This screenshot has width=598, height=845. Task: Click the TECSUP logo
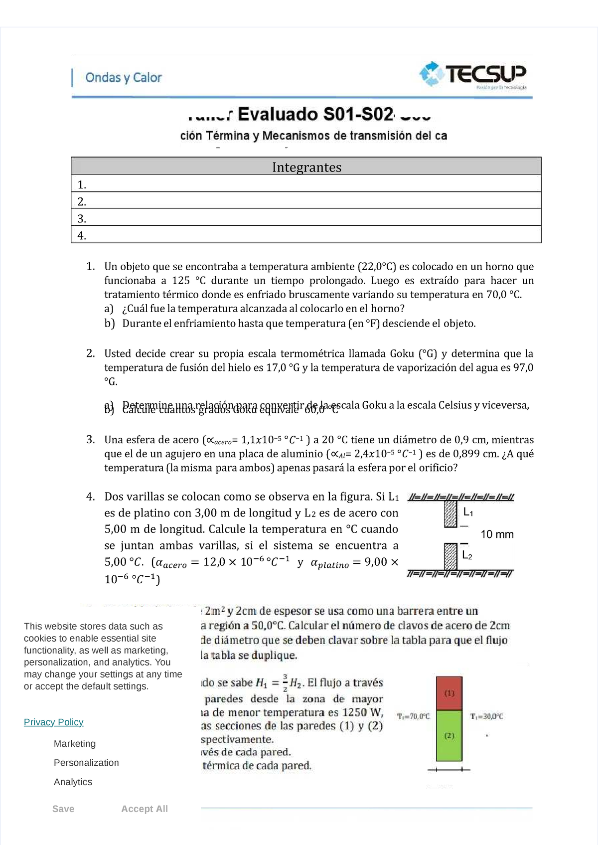472,75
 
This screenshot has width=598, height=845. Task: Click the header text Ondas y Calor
124,78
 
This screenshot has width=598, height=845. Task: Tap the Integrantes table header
306,167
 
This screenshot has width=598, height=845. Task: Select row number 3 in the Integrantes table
306,218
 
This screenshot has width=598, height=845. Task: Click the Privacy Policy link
53,722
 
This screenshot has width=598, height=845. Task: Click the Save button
63,809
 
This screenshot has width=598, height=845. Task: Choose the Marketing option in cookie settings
75,744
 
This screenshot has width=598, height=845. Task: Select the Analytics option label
73,782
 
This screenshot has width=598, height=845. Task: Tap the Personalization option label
86,763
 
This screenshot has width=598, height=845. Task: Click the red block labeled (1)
449,693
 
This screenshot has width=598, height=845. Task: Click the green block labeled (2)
449,736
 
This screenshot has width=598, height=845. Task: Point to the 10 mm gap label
497,534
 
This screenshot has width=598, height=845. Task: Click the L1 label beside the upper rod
468,512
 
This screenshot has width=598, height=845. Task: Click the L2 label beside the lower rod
467,555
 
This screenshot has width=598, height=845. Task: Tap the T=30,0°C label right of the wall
486,716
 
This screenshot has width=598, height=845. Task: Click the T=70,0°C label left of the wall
413,716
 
